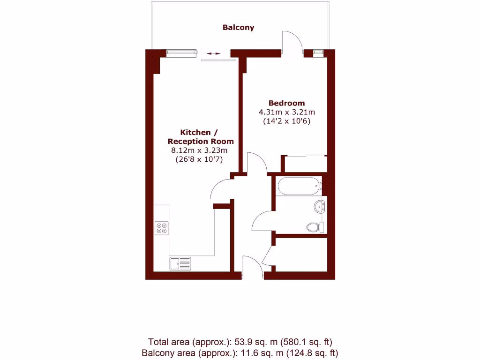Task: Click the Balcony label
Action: [x=238, y=27]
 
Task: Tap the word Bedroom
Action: [x=286, y=103]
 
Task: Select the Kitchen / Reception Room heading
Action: [x=201, y=137]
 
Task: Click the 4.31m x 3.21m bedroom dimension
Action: [x=286, y=112]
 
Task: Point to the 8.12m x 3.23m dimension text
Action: [x=200, y=150]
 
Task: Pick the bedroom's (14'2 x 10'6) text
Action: [x=286, y=121]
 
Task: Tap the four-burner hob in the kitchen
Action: [x=162, y=227]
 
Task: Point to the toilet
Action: [x=315, y=227]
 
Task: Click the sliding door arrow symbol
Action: [x=213, y=53]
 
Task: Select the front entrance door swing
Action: [x=254, y=266]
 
